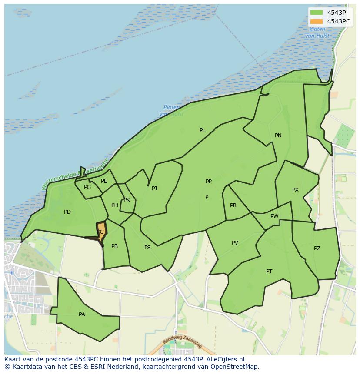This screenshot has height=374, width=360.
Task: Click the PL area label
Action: pyautogui.click(x=202, y=130)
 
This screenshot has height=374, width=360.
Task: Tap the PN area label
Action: pyautogui.click(x=278, y=136)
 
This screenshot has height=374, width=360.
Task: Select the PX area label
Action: pyautogui.click(x=295, y=190)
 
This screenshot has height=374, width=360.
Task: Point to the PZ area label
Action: pyautogui.click(x=317, y=248)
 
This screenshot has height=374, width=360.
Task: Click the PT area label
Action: pyautogui.click(x=269, y=271)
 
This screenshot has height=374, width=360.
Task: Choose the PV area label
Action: pyautogui.click(x=235, y=243)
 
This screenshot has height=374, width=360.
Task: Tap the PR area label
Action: pyautogui.click(x=233, y=205)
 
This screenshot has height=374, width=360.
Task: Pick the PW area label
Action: pyautogui.click(x=274, y=216)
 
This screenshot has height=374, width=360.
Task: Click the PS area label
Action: pyautogui.click(x=147, y=248)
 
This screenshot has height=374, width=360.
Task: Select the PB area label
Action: pyautogui.click(x=114, y=246)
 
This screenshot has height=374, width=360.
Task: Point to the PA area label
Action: pyautogui.click(x=82, y=314)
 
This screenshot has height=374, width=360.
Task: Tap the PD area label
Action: pyautogui.click(x=67, y=212)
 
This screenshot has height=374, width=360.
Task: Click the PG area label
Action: pyautogui.click(x=87, y=187)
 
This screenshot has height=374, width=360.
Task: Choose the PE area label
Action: pyautogui.click(x=104, y=181)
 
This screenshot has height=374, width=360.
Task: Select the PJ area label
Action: pyautogui.click(x=154, y=189)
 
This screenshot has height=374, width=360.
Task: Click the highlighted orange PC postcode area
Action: pyautogui.click(x=102, y=228)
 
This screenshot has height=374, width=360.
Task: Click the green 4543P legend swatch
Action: pyautogui.click(x=317, y=13)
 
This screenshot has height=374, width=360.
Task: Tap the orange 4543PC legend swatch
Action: pyautogui.click(x=317, y=21)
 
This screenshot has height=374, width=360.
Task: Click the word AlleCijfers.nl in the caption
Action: pyautogui.click(x=226, y=359)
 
